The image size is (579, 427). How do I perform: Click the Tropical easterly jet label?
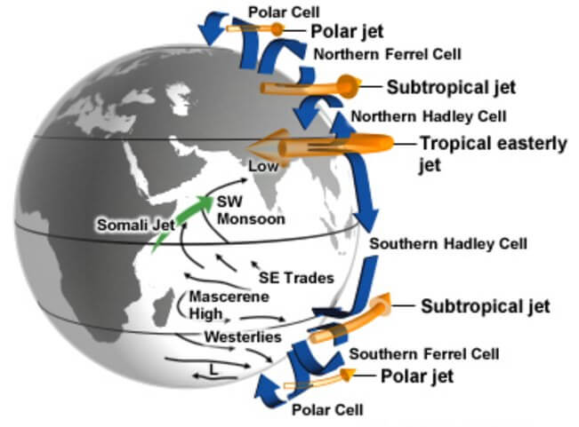(494, 154)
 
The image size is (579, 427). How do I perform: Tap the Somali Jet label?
(136, 225)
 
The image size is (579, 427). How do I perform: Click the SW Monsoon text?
(251, 210)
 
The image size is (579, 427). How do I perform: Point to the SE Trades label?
(296, 278)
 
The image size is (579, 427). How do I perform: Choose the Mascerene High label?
(229, 305)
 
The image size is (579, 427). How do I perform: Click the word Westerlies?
(243, 336)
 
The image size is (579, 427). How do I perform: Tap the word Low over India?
(263, 166)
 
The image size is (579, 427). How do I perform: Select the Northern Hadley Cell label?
(429, 117)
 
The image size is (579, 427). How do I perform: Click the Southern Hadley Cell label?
(448, 244)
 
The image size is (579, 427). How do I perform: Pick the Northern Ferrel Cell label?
(388, 54)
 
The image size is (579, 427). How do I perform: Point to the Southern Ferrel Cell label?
(424, 354)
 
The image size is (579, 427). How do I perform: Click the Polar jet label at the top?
(347, 31)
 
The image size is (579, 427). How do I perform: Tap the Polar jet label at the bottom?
(417, 376)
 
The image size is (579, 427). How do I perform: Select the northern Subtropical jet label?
(451, 87)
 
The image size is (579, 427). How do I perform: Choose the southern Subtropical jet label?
(486, 306)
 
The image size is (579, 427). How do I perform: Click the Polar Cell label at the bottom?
(327, 409)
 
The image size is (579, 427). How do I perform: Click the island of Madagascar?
(165, 307)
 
